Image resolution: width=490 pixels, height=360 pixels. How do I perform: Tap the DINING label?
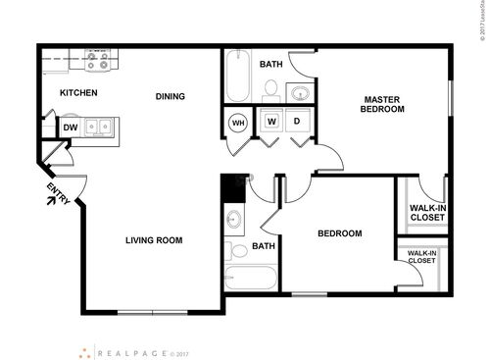pos(171,96)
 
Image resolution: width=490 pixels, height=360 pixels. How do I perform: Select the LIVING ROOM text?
pos(154,240)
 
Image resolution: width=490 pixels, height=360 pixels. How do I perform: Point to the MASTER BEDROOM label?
pos(382,104)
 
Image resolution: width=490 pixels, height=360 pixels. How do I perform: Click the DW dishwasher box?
pos(71,128)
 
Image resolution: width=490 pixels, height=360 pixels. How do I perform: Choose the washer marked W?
pos(271,123)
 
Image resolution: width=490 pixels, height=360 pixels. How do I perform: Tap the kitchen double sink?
pos(98,127)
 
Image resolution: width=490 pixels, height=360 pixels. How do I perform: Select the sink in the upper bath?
pos(300,94)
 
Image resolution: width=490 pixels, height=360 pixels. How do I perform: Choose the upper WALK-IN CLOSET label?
pos(423,212)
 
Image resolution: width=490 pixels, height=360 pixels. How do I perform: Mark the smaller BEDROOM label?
pos(340,233)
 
